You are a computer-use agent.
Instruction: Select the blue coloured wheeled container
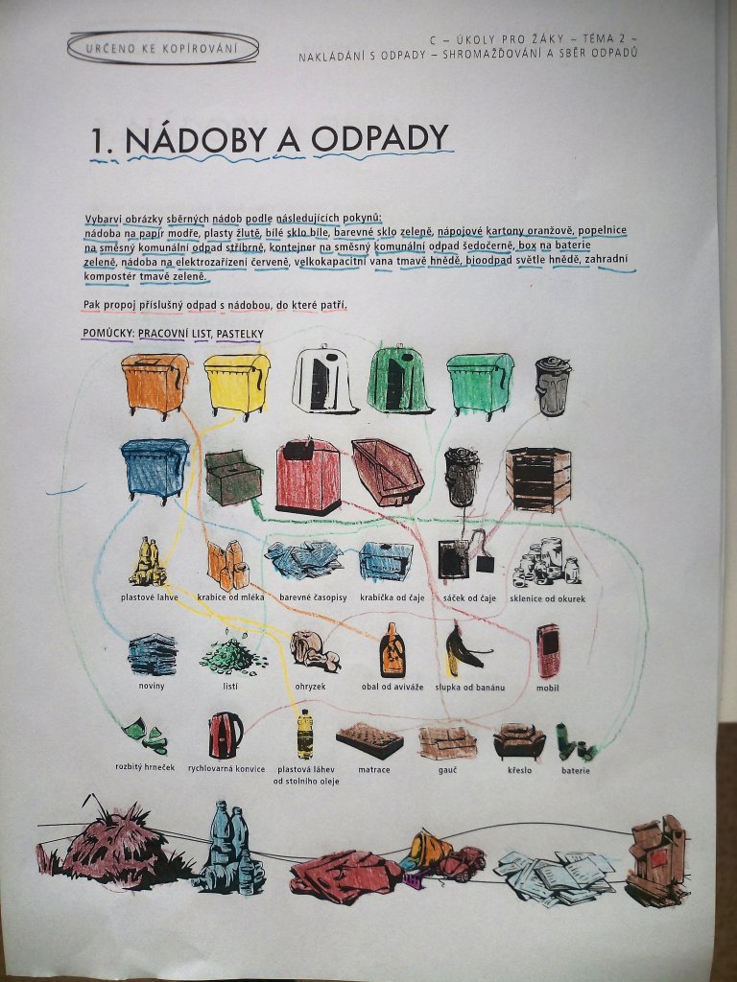[155, 470]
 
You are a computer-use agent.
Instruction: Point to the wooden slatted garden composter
[538, 479]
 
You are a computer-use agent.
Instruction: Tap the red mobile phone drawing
[548, 651]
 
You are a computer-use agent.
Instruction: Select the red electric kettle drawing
[226, 735]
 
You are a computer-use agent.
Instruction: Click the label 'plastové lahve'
[149, 597]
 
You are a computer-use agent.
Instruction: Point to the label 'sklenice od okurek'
[548, 598]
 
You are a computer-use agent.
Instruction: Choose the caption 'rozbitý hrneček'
[146, 767]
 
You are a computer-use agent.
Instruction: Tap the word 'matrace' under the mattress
[373, 769]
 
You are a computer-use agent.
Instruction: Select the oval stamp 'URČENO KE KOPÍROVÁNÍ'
[163, 48]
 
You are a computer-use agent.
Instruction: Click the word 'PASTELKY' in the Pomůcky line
[239, 334]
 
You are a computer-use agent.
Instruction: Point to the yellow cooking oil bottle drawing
[304, 734]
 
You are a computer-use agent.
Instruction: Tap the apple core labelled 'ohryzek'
[314, 651]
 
